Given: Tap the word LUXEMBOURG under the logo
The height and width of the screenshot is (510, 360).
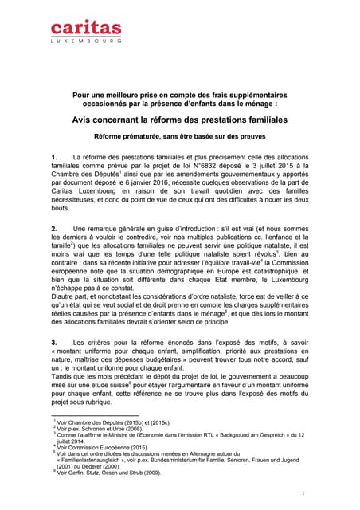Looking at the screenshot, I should click(87, 39).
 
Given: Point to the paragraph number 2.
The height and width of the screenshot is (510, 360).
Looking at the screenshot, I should click(53, 229).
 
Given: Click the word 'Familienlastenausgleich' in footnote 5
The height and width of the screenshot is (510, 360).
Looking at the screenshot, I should click(93, 461).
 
